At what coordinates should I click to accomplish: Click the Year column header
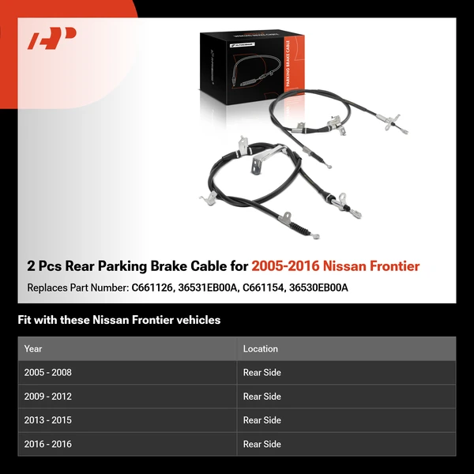coord(33,348)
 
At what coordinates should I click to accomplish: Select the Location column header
coord(261,348)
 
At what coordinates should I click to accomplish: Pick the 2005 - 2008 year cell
coord(48,373)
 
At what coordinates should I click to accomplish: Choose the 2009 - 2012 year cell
coord(48,397)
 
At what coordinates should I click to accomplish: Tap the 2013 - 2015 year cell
coord(48,420)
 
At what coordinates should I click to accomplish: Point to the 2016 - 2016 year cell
coord(48,444)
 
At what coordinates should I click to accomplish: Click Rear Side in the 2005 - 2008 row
coord(262,373)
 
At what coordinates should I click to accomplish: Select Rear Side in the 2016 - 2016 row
coord(262,444)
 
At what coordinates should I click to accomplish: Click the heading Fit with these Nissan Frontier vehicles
coord(119,320)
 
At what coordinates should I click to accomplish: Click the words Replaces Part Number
coord(76,288)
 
